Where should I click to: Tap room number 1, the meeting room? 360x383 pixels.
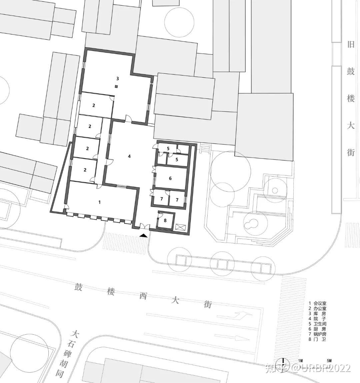(x=99, y=202)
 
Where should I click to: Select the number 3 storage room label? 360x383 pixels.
(x=118, y=78)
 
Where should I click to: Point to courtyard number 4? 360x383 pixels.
(x=129, y=156)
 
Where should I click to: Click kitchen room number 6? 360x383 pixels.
(x=170, y=178)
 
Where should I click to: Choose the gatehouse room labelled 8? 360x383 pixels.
(x=165, y=220)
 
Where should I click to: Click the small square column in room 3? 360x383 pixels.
(x=117, y=86)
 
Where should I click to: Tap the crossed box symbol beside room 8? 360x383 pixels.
(x=181, y=227)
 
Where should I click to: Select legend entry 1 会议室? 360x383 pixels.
(x=317, y=303)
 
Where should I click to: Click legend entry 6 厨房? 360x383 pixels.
(x=317, y=329)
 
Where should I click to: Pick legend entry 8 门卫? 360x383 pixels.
(x=317, y=339)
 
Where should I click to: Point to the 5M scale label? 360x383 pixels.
(x=329, y=361)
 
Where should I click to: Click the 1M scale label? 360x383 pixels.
(x=300, y=361)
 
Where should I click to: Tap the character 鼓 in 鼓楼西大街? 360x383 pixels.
(x=79, y=287)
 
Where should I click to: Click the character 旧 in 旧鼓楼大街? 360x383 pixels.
(x=351, y=44)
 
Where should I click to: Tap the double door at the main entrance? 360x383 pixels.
(x=144, y=226)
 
